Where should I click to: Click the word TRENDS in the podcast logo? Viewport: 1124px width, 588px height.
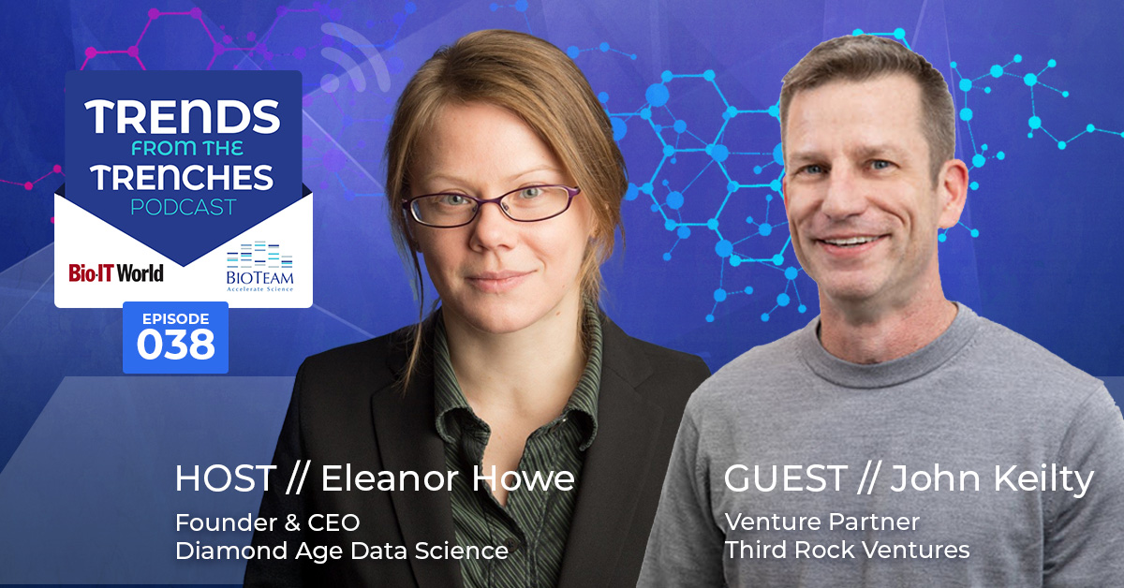(183, 117)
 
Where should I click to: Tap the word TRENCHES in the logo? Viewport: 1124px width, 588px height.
(182, 177)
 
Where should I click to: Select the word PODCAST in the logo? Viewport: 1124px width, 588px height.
(184, 207)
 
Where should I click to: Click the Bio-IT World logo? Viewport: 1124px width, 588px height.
(116, 272)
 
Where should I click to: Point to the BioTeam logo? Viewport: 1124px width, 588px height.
(259, 267)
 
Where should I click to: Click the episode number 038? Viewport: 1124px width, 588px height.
(176, 345)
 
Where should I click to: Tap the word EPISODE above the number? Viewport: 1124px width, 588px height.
(176, 318)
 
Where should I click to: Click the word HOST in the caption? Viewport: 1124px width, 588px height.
(226, 478)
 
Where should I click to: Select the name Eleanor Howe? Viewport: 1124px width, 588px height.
(448, 478)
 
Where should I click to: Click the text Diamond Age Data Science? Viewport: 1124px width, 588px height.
(342, 551)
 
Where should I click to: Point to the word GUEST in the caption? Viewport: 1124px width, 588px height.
(785, 478)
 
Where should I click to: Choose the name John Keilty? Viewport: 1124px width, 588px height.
(992, 479)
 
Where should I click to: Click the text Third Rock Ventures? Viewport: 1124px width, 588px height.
(847, 550)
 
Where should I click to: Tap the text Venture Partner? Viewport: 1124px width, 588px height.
(822, 522)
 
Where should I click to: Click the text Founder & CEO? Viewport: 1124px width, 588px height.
(268, 522)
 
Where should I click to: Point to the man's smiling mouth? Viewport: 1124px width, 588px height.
(850, 242)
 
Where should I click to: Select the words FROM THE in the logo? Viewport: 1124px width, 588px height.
(187, 148)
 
